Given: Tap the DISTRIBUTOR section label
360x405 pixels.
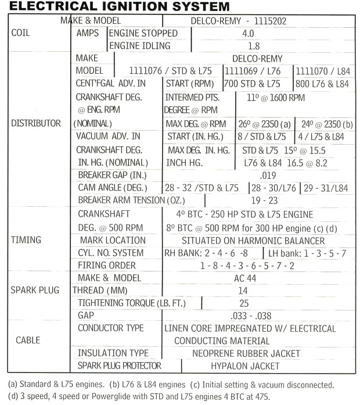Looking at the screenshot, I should (x=35, y=123).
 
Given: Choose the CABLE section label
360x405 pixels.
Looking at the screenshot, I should (x=28, y=340).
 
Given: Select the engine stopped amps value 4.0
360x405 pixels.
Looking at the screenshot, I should (x=247, y=33).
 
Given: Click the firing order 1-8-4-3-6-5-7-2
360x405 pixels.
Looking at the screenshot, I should (x=247, y=266).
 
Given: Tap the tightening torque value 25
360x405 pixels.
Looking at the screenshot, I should (x=244, y=303).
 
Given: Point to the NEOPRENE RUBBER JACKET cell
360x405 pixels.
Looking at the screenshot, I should (x=246, y=353).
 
